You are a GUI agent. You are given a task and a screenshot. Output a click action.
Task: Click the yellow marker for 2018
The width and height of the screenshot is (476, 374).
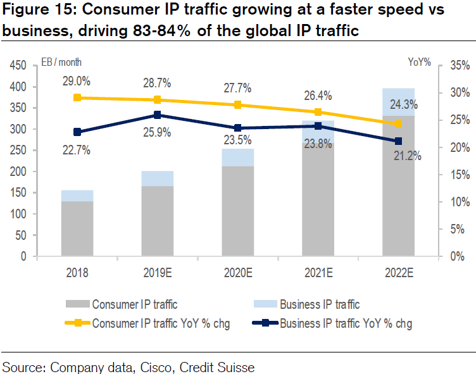(x=77, y=97)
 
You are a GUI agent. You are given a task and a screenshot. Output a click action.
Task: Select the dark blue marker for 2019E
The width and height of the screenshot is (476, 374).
(x=158, y=115)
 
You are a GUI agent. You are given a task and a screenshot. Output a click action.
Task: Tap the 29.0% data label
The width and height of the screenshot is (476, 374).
(x=76, y=81)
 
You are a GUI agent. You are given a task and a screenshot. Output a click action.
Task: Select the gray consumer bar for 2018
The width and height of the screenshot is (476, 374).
(x=77, y=228)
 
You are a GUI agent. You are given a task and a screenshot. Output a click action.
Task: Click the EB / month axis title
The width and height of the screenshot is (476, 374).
(x=61, y=62)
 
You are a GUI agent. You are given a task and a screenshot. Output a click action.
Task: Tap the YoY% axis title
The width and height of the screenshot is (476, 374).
(x=419, y=62)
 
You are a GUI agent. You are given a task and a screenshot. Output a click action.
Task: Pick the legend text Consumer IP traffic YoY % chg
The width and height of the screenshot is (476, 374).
(x=161, y=323)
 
